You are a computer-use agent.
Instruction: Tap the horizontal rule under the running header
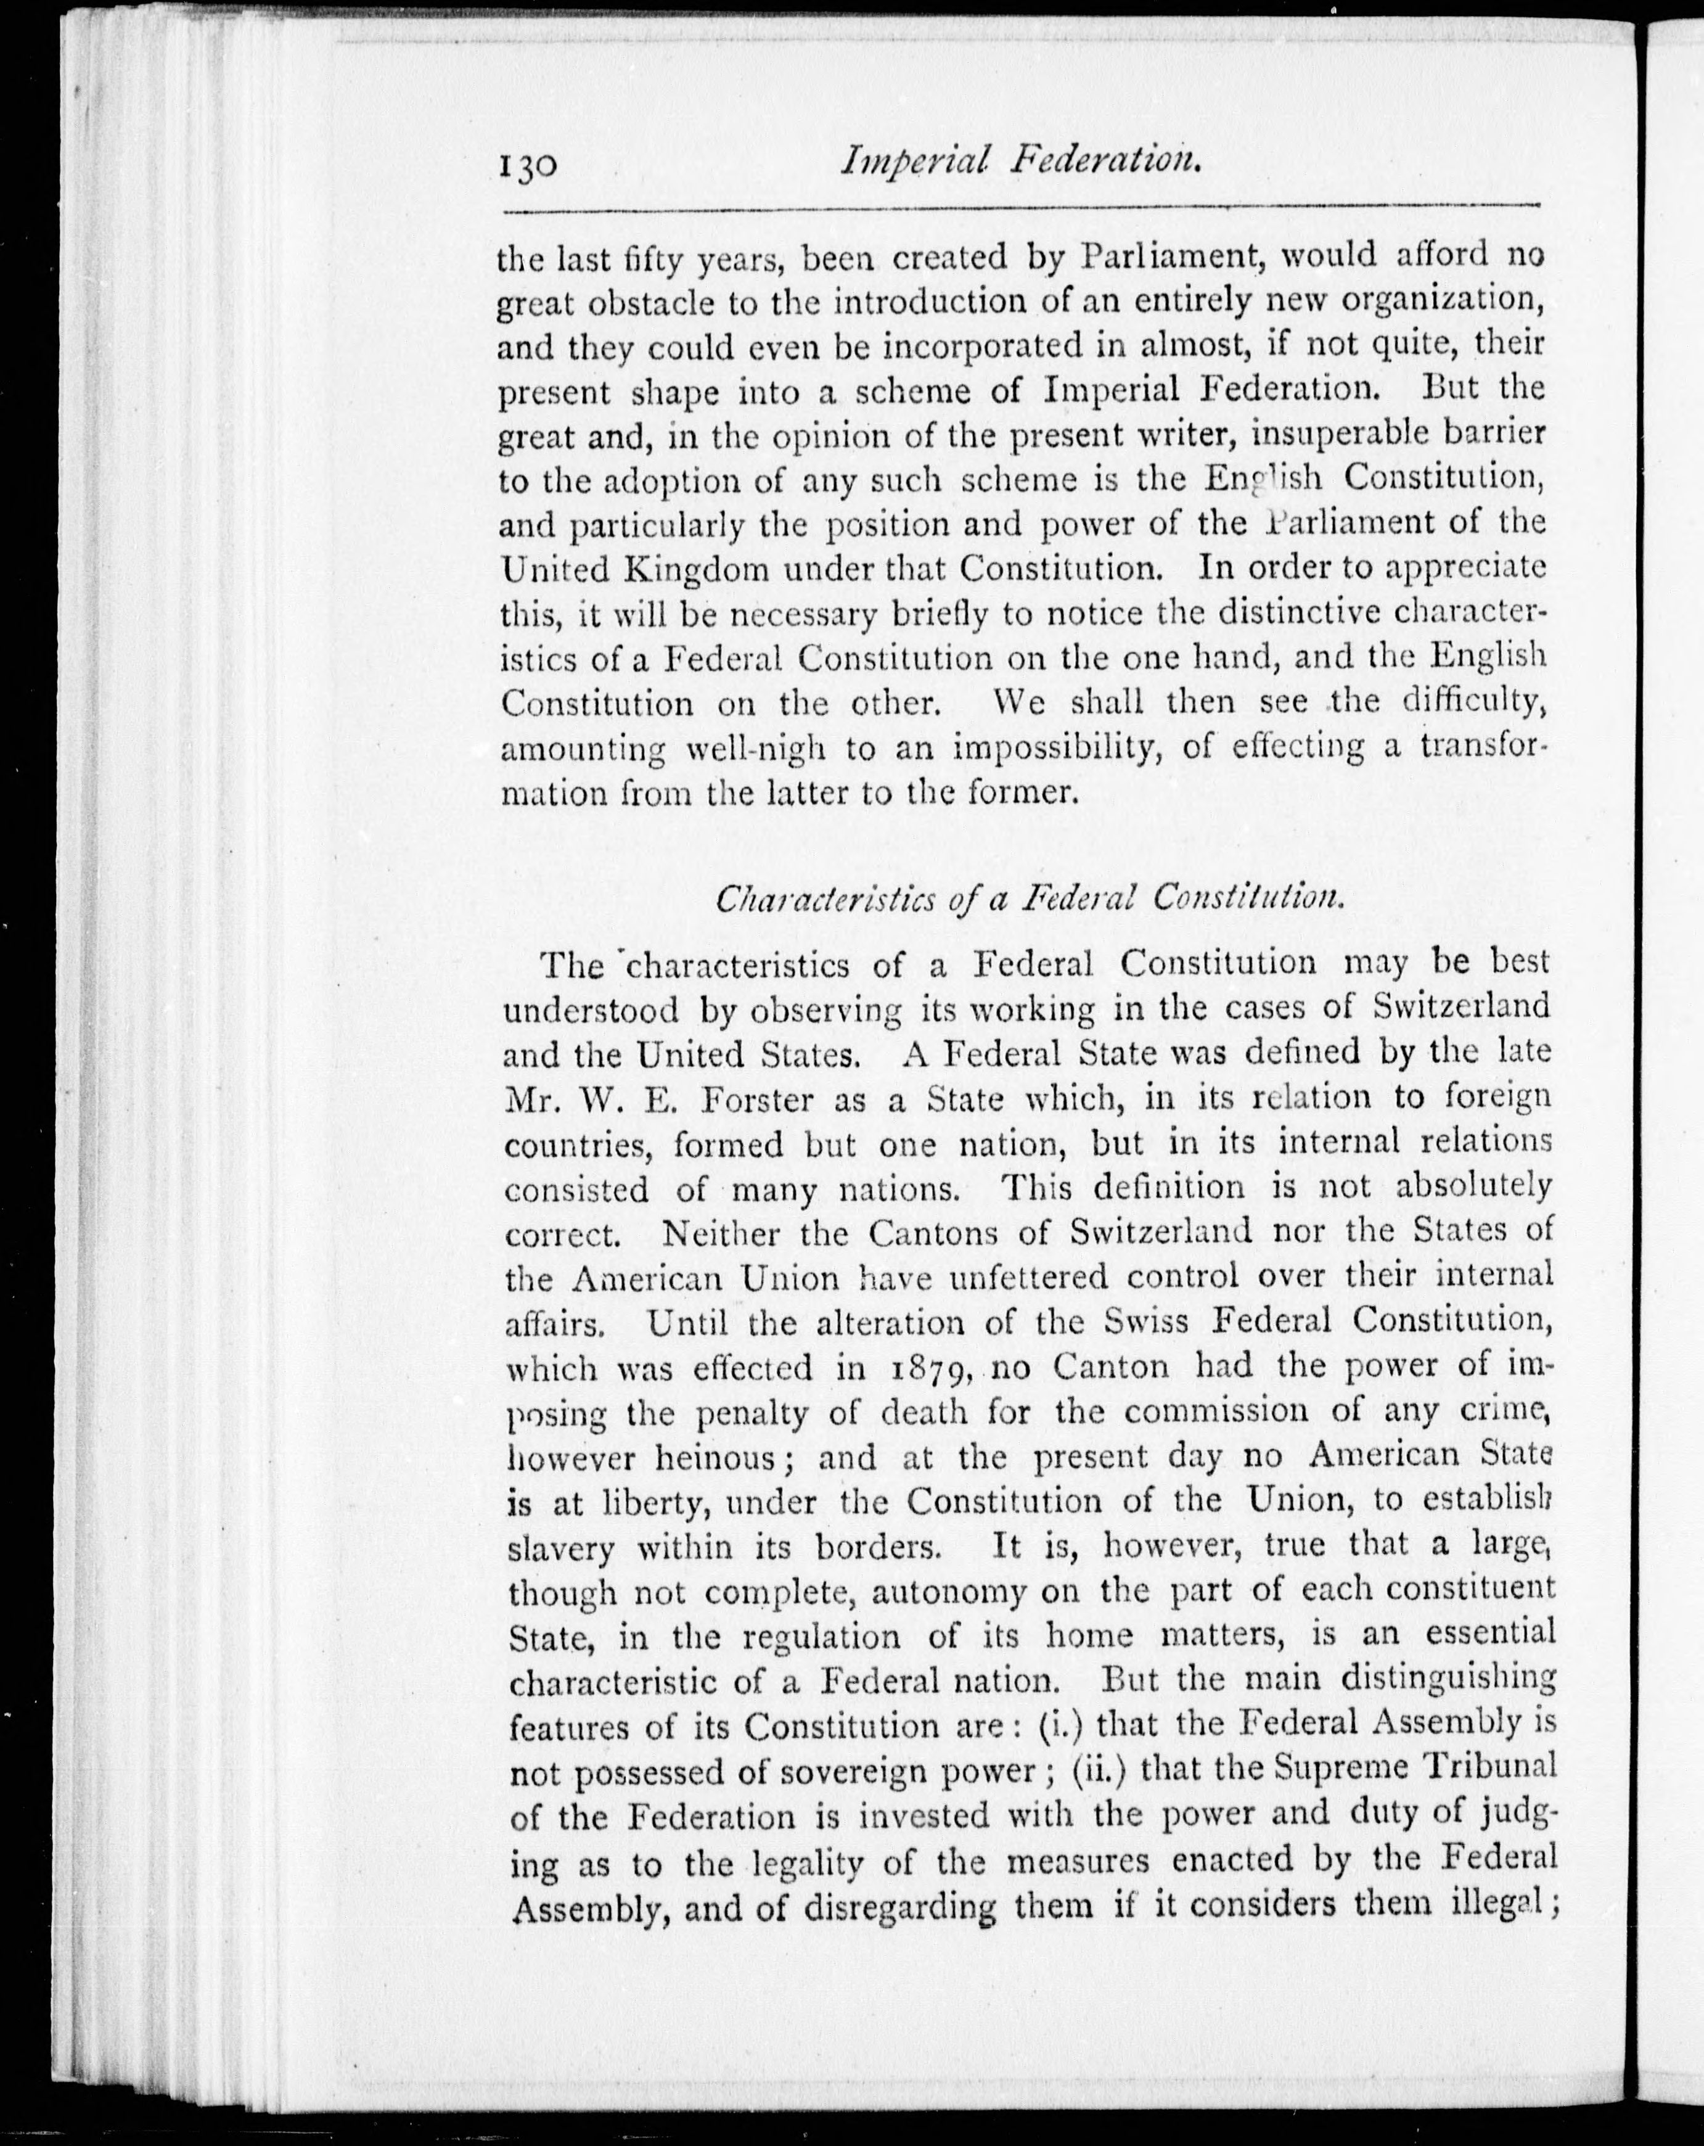(x=1021, y=209)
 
